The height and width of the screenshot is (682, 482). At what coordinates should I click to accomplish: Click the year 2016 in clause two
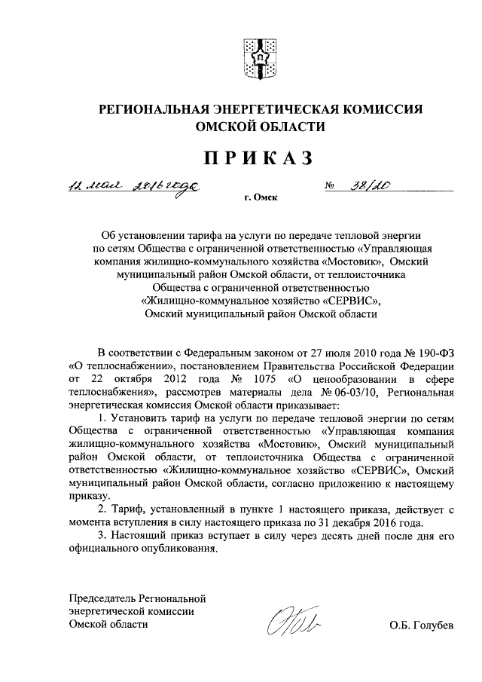coord(386,523)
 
